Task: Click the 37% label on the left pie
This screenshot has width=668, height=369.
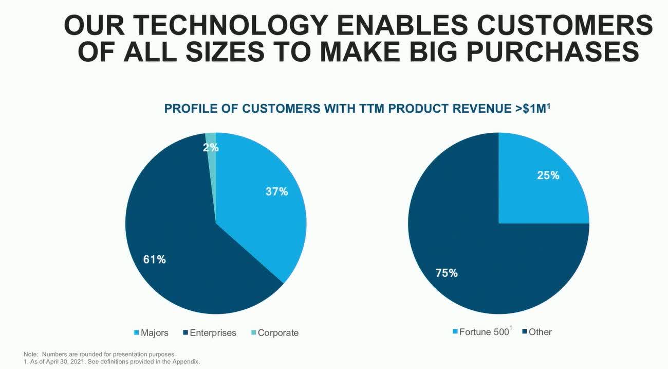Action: point(277,191)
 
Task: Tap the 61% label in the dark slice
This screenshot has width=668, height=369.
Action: point(155,259)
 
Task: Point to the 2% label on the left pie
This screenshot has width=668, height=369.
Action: point(211,147)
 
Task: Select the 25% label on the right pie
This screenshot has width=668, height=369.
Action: point(548,175)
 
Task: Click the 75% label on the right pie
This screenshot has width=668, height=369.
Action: point(447,273)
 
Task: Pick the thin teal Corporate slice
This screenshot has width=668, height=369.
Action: point(211,167)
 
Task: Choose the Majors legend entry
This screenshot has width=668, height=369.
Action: point(151,332)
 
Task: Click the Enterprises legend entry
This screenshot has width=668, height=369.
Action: point(210,332)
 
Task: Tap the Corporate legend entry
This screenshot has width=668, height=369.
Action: point(275,332)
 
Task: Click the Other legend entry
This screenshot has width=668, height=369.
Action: point(537,332)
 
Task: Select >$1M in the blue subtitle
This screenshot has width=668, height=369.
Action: point(533,109)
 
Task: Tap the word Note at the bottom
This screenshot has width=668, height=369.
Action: point(30,355)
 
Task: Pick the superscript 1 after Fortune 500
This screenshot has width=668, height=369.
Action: point(511,328)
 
